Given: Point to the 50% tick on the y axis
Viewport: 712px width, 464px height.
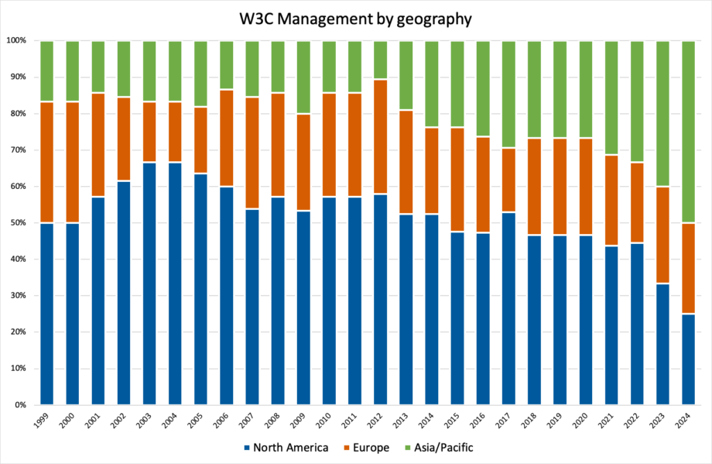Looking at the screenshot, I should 16,223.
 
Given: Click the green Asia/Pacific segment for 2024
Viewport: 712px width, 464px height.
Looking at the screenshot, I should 691,132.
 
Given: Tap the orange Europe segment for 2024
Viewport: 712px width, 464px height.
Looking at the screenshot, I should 691,268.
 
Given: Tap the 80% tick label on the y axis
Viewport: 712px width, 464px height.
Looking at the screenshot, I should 16,114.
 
